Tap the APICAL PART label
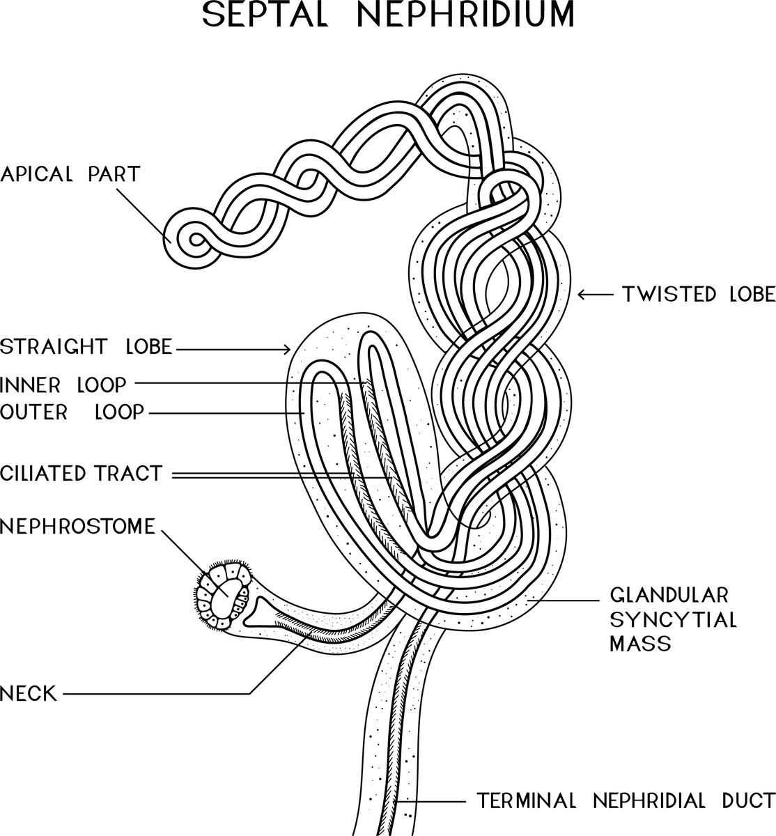pyautogui.click(x=70, y=173)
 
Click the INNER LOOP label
pyautogui.click(x=63, y=384)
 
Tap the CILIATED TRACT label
pyautogui.click(x=81, y=474)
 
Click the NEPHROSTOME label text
pyautogui.click(x=77, y=527)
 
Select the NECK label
pyautogui.click(x=29, y=693)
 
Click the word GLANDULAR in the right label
pyautogui.click(x=669, y=596)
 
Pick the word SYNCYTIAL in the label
pyautogui.click(x=673, y=619)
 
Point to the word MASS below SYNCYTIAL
pyautogui.click(x=639, y=643)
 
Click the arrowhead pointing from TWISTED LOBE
pyautogui.click(x=582, y=295)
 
